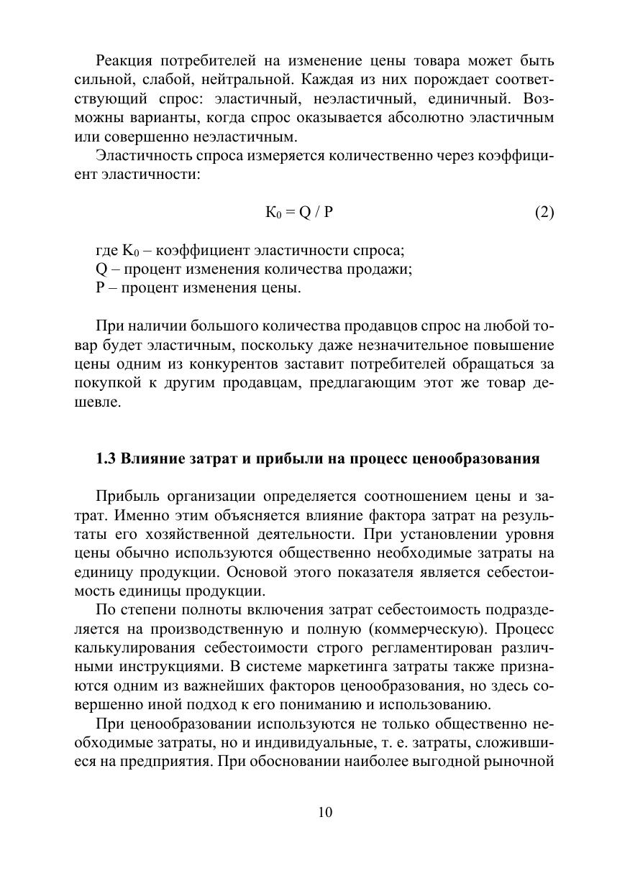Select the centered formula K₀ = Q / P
pos(300,212)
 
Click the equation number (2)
pos(544,212)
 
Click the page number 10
pos(324,812)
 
